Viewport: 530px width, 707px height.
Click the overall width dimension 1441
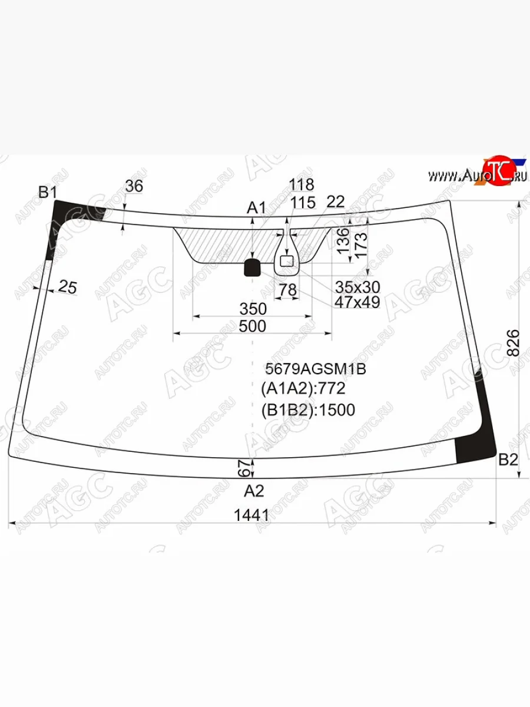[x=251, y=515]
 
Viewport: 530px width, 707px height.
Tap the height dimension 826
[x=514, y=342]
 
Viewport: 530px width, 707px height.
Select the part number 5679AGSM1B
[x=316, y=369]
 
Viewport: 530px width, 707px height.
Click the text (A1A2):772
[x=303, y=388]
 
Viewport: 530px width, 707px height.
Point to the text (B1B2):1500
[x=308, y=409]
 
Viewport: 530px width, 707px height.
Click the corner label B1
[x=48, y=192]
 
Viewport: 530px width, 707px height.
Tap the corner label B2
[x=508, y=460]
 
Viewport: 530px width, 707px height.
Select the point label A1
[x=256, y=208]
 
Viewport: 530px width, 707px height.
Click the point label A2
[x=254, y=491]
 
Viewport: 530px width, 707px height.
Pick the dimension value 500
[x=253, y=326]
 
